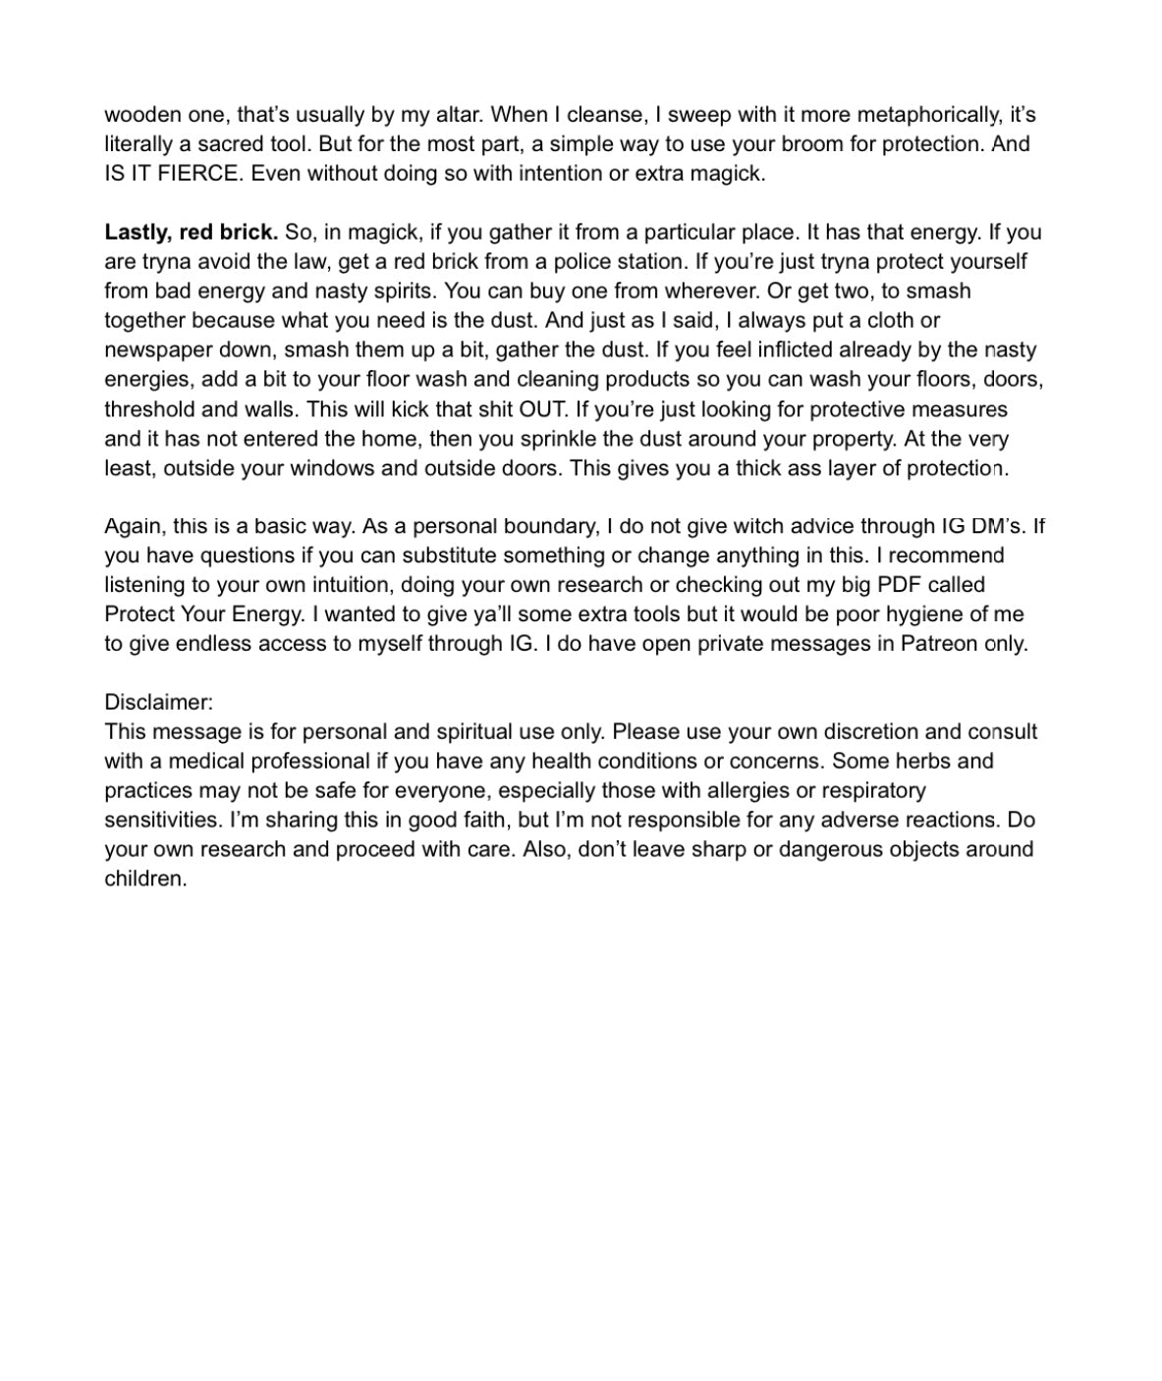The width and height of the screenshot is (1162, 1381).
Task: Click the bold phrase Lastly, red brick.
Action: click(192, 233)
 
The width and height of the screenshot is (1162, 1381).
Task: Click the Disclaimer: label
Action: click(158, 703)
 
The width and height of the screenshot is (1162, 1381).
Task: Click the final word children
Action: click(144, 879)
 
